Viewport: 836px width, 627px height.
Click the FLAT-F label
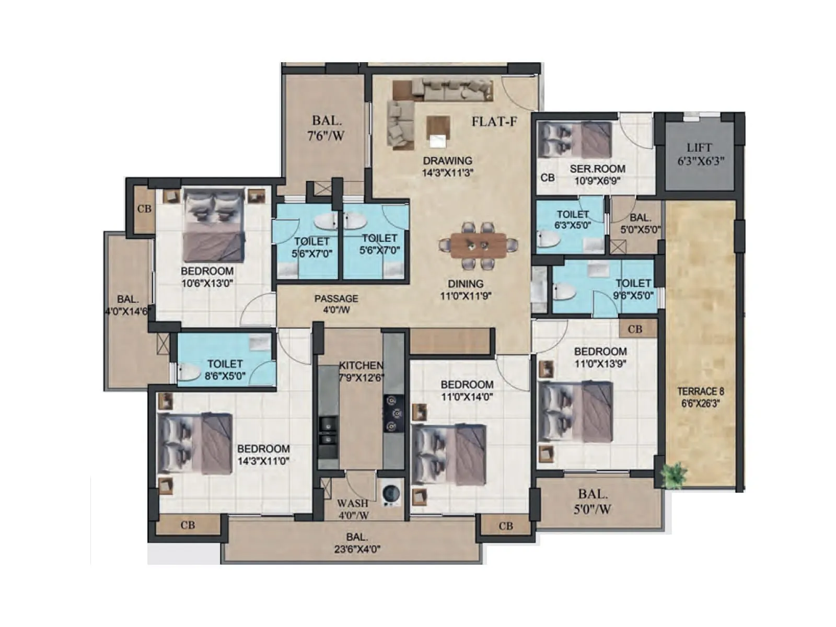pos(494,122)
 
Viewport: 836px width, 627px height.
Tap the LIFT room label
pos(699,148)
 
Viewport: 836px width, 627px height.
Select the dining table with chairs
pos(479,245)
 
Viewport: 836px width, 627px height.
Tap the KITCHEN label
pos(361,366)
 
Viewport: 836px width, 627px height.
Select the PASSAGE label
pos(336,299)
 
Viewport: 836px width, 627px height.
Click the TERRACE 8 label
pos(700,391)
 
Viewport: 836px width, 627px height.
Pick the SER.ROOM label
pos(597,169)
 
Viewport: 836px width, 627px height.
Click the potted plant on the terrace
pos(674,474)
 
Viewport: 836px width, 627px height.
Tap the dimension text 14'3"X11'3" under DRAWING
pos(447,172)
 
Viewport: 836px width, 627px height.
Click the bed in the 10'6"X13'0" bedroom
pos(213,226)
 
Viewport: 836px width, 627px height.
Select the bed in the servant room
pos(575,140)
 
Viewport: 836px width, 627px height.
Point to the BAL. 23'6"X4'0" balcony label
pos(356,543)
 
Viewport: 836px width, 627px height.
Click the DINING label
pos(465,284)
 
